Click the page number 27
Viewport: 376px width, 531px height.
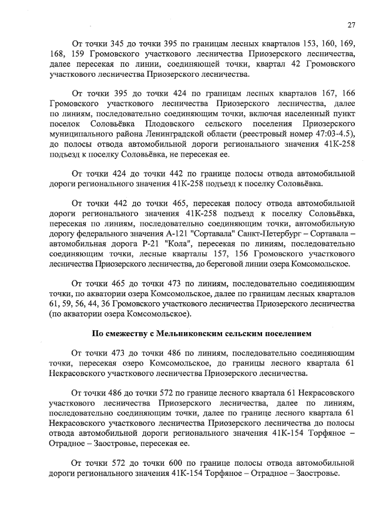351,25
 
